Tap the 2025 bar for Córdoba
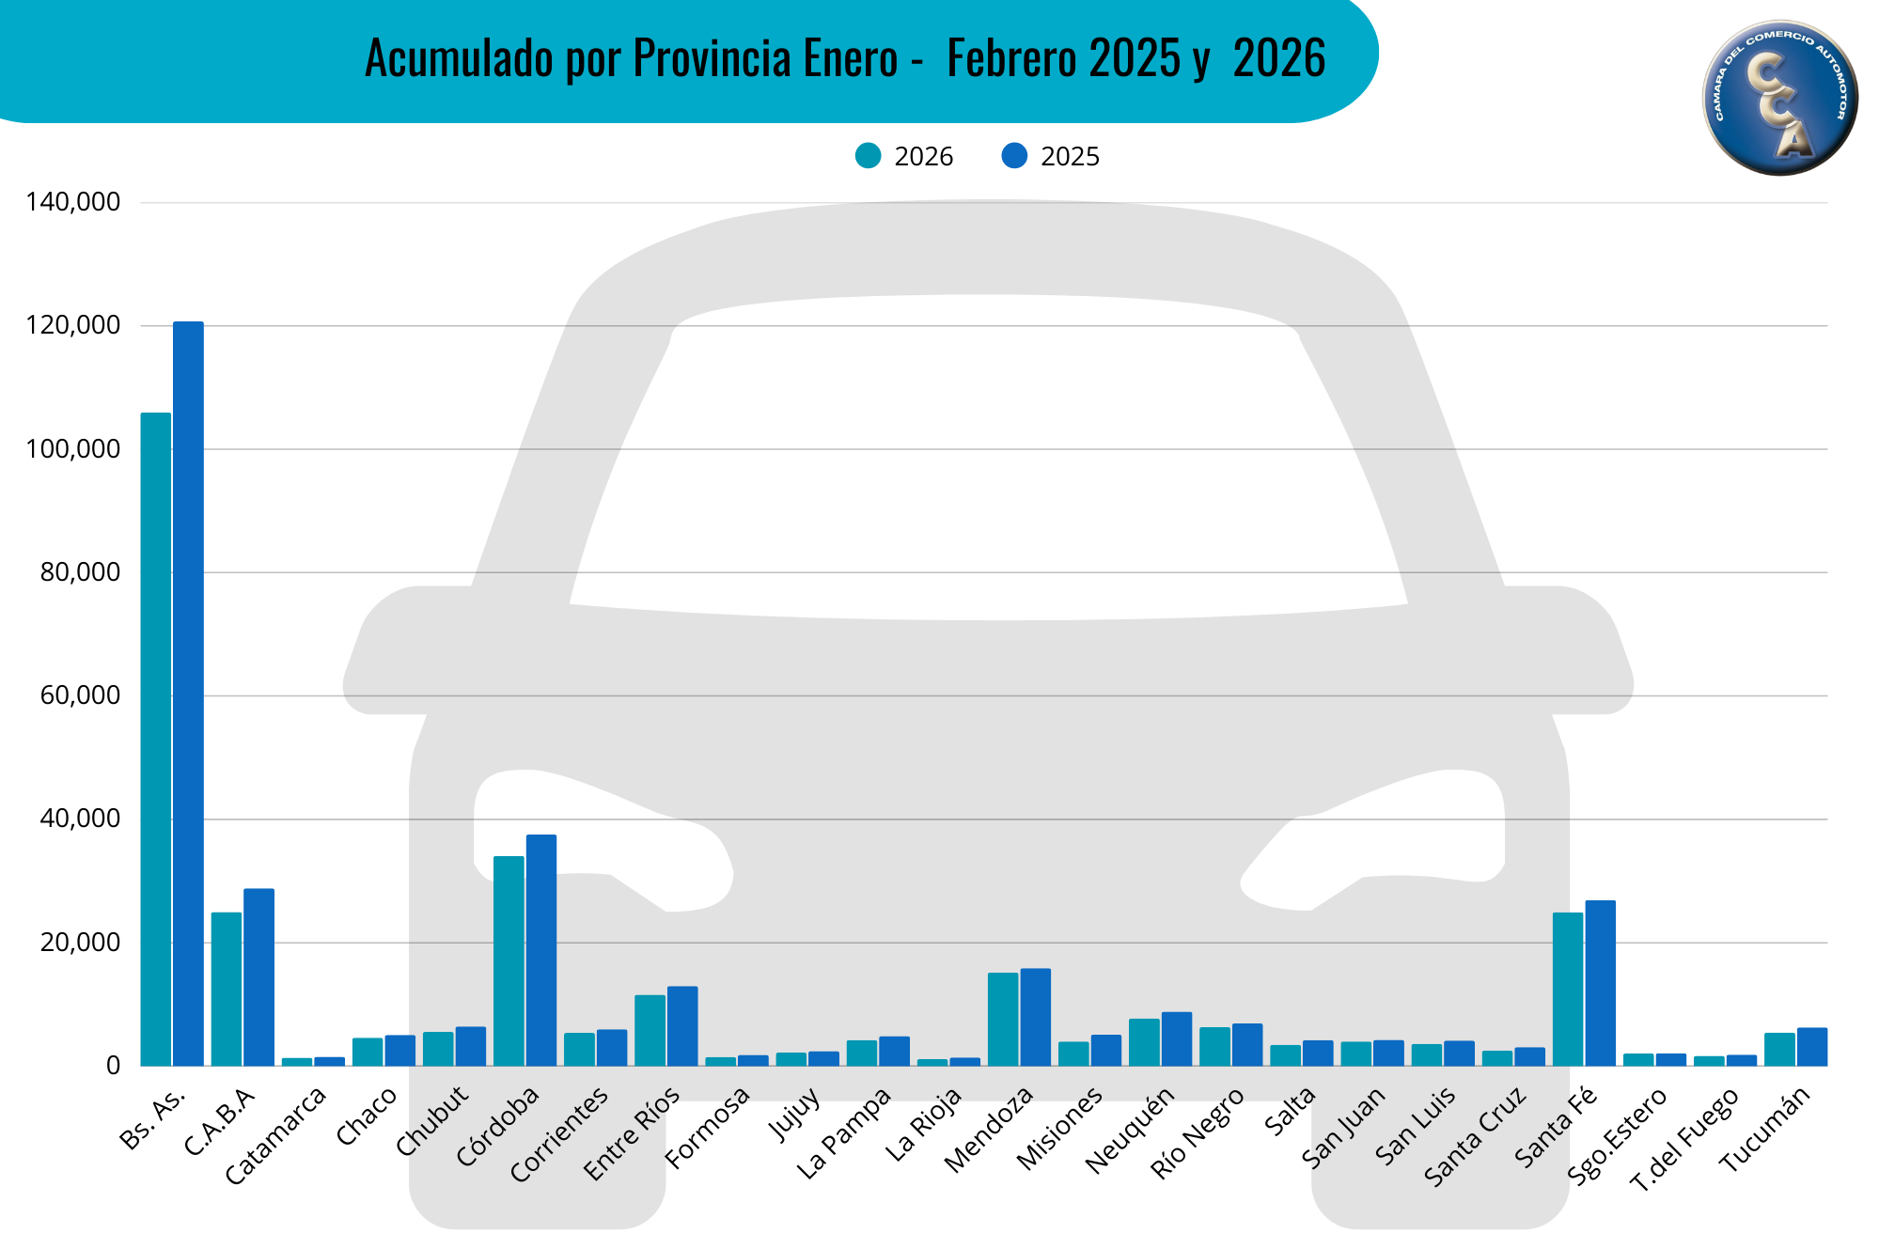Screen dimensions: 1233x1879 pyautogui.click(x=541, y=950)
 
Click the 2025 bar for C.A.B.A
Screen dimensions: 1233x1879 pyautogui.click(x=258, y=977)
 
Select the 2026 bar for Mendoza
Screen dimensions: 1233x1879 pyautogui.click(x=1003, y=1019)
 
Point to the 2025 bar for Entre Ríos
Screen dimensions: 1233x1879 pyautogui.click(x=682, y=1025)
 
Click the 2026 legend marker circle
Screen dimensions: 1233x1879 pyautogui.click(x=869, y=156)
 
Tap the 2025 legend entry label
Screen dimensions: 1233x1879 pyautogui.click(x=1070, y=157)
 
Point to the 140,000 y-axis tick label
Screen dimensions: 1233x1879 pyautogui.click(x=73, y=202)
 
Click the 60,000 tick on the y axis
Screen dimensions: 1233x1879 pyautogui.click(x=81, y=695)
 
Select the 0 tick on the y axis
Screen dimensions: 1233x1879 pyautogui.click(x=113, y=1066)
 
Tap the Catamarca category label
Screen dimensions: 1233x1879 pyautogui.click(x=276, y=1135)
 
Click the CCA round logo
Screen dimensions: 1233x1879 pyautogui.click(x=1779, y=98)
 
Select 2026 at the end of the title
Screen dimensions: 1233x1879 pyautogui.click(x=1278, y=58)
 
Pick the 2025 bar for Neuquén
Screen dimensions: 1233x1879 pyautogui.click(x=1177, y=1038)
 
